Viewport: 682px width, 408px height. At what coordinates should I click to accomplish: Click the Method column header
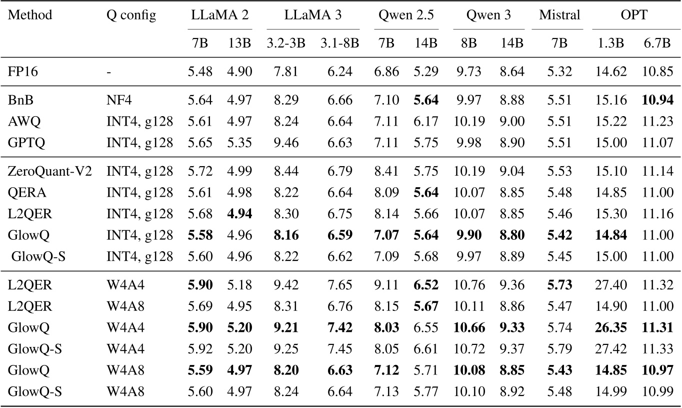pos(30,15)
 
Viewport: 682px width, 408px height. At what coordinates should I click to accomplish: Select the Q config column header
pos(131,15)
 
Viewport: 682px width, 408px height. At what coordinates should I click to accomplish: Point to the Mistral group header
pos(559,15)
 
